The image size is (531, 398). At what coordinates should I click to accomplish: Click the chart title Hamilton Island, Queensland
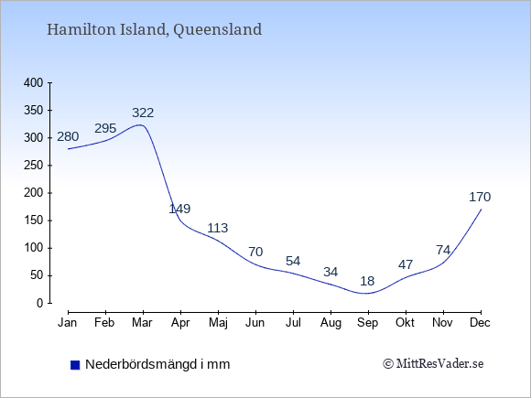click(x=154, y=29)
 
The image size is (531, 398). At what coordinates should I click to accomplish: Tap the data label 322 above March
click(x=143, y=113)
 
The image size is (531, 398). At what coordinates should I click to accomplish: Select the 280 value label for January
click(x=68, y=136)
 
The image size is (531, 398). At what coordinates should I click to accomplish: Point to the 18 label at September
click(x=367, y=281)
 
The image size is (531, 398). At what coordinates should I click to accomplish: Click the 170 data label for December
click(x=480, y=197)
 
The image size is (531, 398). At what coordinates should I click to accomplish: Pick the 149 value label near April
click(x=179, y=209)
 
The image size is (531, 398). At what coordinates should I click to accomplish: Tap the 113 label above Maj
click(x=217, y=228)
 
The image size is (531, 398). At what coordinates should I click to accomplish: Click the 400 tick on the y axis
click(x=34, y=82)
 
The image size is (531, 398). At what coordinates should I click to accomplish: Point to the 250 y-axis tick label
click(x=34, y=166)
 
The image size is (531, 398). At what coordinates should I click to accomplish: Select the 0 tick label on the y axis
click(x=40, y=303)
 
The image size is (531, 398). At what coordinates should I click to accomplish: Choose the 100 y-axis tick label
click(x=34, y=248)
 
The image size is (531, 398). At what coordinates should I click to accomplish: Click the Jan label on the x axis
click(x=67, y=323)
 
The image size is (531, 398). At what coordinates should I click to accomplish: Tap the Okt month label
click(x=405, y=323)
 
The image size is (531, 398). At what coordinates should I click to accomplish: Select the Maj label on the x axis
click(x=218, y=323)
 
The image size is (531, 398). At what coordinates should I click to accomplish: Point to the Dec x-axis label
click(x=480, y=323)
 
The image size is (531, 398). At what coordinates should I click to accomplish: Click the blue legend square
click(x=75, y=365)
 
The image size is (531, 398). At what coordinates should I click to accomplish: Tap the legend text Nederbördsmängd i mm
click(x=157, y=364)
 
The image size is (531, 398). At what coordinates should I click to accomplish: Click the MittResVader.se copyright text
click(x=433, y=364)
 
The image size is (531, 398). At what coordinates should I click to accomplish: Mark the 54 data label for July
click(x=293, y=261)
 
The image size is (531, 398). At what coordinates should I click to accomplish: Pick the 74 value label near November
click(x=443, y=250)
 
